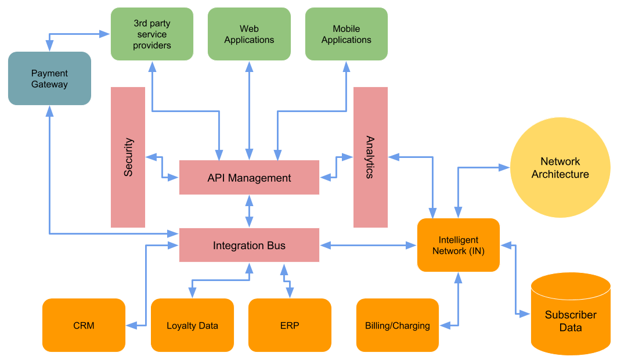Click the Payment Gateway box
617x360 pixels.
49,78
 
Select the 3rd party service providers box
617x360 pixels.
152,34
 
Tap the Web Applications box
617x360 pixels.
249,34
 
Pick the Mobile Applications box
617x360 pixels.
347,34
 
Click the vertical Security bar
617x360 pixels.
128,157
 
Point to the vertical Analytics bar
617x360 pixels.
370,157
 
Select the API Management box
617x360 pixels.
249,178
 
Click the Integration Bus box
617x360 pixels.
249,245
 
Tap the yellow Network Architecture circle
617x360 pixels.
560,168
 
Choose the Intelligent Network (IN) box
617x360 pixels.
459,245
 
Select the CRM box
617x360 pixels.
84,325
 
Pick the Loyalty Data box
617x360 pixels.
192,325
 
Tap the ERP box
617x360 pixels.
290,325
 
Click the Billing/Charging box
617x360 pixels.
398,325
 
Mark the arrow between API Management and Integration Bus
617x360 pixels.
250,211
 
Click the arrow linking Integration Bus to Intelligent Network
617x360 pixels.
368,246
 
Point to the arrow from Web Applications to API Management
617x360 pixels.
250,110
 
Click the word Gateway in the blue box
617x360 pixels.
49,85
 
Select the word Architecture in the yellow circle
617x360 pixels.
560,174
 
